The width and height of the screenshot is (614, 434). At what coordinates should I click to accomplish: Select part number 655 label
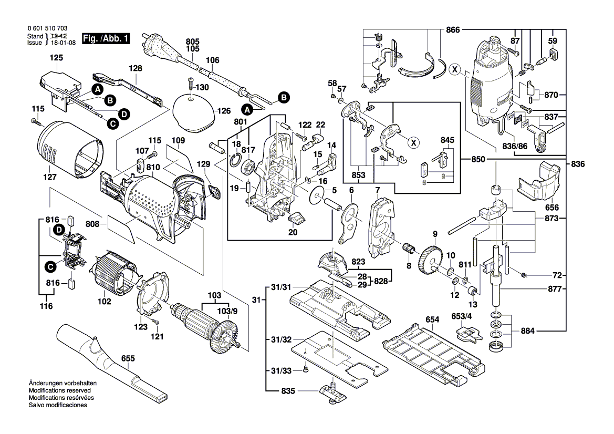[x=128, y=358]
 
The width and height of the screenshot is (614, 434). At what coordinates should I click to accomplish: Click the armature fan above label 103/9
[x=224, y=338]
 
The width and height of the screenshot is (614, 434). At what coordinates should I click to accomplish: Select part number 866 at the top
[x=453, y=30]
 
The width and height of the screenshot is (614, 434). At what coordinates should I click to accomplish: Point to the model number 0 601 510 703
[x=46, y=28]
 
